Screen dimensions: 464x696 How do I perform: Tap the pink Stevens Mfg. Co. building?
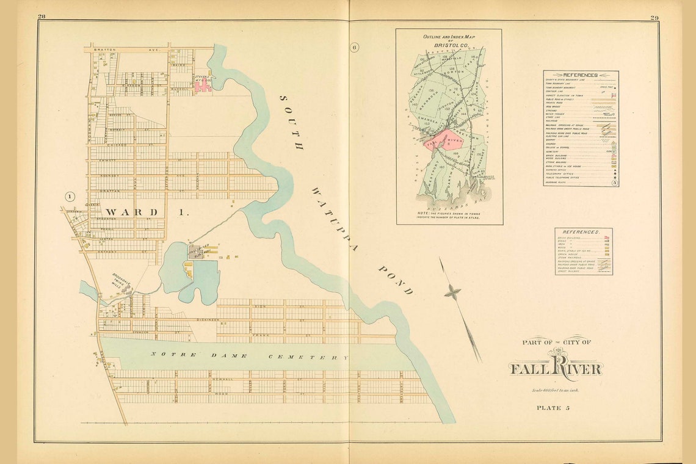[x=203, y=87]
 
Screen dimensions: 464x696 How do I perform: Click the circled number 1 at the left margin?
[x=70, y=197]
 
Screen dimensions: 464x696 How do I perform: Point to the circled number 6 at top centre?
[x=355, y=48]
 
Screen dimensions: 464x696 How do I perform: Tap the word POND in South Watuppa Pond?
[x=396, y=280]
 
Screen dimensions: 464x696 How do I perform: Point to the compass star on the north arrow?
[x=452, y=292]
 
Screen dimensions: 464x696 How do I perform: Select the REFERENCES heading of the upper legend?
[x=580, y=75]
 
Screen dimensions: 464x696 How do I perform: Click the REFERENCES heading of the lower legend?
[x=583, y=233]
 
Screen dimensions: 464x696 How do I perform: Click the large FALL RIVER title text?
[x=556, y=368]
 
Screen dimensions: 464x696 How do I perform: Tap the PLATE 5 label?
[x=553, y=407]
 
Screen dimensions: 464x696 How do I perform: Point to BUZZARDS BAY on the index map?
[x=449, y=208]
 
